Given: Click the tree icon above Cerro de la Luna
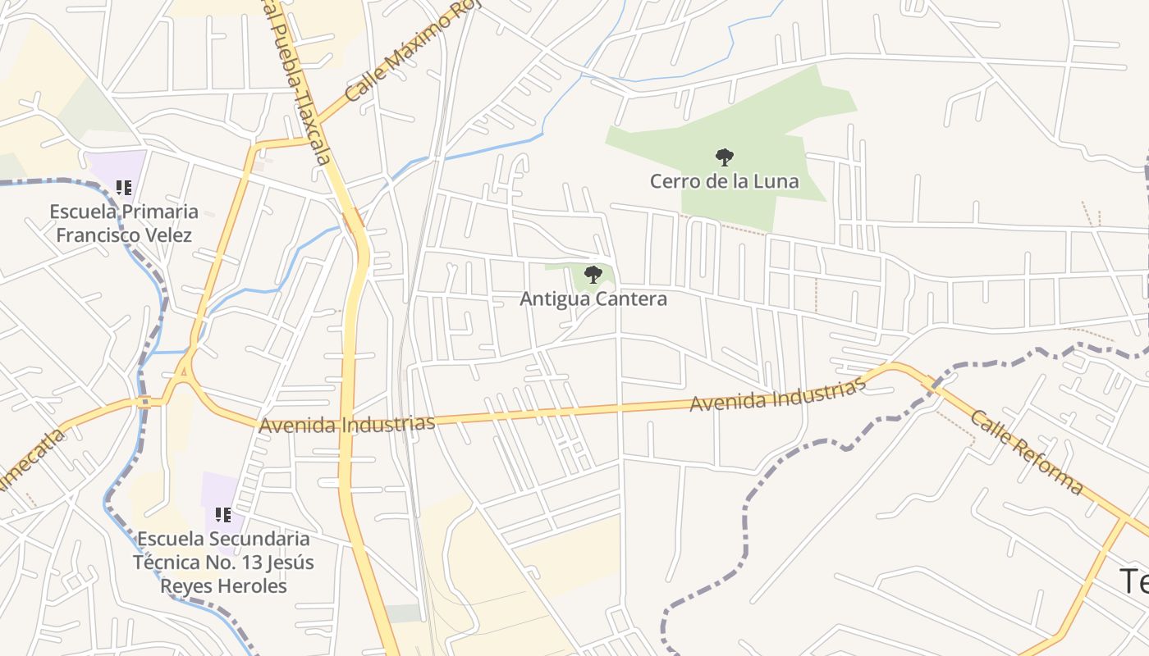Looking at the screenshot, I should coord(724,156).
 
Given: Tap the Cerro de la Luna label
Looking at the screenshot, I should coord(724,181).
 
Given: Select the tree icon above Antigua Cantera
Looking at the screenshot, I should coord(593,274).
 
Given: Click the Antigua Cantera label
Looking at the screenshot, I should coord(593,299).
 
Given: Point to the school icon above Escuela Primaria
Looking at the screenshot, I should coord(124,188).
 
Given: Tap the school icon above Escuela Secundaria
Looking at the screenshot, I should coord(222,515).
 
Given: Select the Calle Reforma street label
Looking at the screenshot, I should coord(1027,452).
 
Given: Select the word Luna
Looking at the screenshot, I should coord(776,181).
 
